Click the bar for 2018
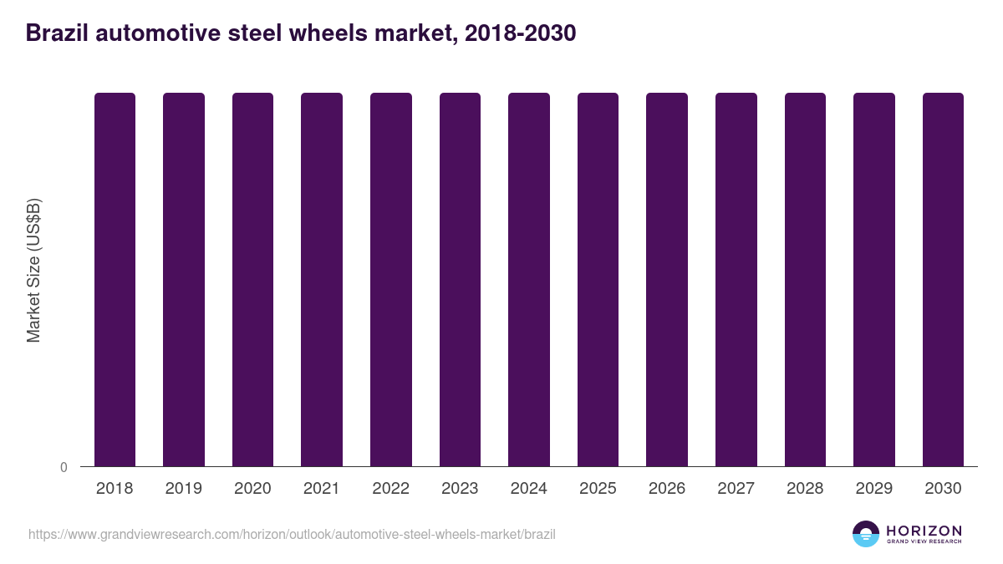click(x=115, y=279)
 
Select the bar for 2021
click(x=322, y=279)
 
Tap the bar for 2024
click(x=529, y=279)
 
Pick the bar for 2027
click(x=736, y=279)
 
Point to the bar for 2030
click(x=943, y=279)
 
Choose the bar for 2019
click(x=184, y=279)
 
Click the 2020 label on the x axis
click(x=252, y=489)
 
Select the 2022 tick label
click(x=390, y=489)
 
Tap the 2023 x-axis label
click(x=460, y=489)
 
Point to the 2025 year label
click(x=598, y=489)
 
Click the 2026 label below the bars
click(x=667, y=489)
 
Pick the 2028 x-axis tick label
click(x=805, y=489)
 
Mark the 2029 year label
click(x=874, y=489)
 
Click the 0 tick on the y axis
click(x=64, y=467)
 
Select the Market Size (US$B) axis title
click(x=33, y=271)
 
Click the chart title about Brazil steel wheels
click(x=301, y=33)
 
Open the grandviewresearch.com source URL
click(x=292, y=534)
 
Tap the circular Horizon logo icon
click(x=866, y=534)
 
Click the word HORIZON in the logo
click(x=924, y=530)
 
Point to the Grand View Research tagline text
click(x=924, y=542)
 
